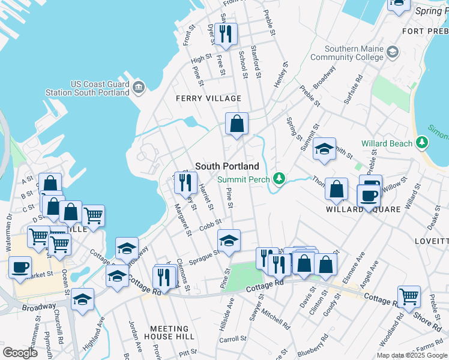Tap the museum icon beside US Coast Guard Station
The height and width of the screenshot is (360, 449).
point(139,88)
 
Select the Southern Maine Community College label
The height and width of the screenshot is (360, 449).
point(354,53)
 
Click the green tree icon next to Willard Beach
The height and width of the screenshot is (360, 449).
point(423,143)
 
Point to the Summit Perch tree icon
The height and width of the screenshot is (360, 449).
point(279,178)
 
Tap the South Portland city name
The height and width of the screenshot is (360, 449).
point(227,166)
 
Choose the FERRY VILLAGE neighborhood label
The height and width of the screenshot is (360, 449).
point(208,98)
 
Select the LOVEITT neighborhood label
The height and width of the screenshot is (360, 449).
point(431,241)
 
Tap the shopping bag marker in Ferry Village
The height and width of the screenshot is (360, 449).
point(237,124)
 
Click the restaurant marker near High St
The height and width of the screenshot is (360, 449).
point(226,34)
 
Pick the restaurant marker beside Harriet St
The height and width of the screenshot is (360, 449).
point(185,181)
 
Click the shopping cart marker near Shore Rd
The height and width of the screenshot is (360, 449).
point(409,295)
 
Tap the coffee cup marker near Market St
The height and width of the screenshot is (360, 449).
point(20,266)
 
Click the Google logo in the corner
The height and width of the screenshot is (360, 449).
point(20,353)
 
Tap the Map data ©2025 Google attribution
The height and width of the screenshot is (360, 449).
point(411,355)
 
